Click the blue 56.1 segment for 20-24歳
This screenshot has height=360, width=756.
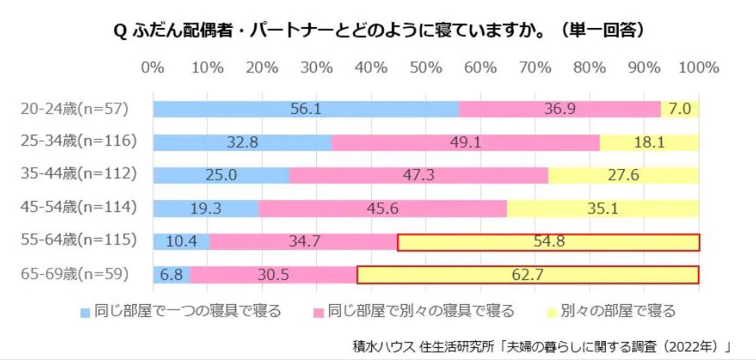coord(306,109)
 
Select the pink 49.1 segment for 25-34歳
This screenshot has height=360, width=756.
coord(465,142)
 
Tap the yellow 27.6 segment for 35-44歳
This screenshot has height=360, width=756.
coord(623,175)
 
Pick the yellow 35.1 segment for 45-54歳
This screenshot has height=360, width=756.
coord(603,208)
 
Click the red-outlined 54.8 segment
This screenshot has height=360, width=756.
coord(548,242)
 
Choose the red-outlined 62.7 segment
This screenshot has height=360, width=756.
coord(527,275)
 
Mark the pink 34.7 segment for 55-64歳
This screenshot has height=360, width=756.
coord(303,242)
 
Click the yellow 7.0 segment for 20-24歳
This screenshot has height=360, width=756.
coord(680,109)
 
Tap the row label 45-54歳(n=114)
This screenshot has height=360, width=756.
coord(78,208)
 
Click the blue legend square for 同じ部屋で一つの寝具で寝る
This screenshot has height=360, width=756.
coord(86,311)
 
